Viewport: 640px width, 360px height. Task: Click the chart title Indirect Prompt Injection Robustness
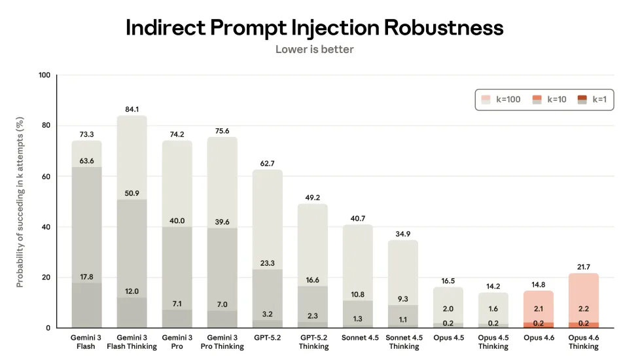point(314,27)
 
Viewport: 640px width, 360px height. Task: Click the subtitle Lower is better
point(314,49)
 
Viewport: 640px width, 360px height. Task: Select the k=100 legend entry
point(501,99)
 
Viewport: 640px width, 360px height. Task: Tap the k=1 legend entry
point(592,99)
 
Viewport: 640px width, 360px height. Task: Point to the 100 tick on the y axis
point(44,75)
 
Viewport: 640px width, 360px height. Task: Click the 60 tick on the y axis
point(46,176)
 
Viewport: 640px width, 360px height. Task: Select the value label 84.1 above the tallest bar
point(132,109)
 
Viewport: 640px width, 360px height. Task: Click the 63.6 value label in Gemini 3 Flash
point(86,160)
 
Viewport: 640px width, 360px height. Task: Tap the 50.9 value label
point(132,192)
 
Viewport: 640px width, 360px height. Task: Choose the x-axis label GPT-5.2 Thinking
point(313,342)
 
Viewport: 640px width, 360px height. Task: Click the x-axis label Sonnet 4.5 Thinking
point(403,342)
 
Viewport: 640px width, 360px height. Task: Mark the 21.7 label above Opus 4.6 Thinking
point(584,267)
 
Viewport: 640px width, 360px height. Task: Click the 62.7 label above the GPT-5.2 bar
point(267,164)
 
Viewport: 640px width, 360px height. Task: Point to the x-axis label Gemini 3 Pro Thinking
point(222,342)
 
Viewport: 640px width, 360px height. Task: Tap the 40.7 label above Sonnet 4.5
point(358,219)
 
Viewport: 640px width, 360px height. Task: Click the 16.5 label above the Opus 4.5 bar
point(448,280)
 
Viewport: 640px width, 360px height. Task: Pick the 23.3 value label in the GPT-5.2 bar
point(267,262)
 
